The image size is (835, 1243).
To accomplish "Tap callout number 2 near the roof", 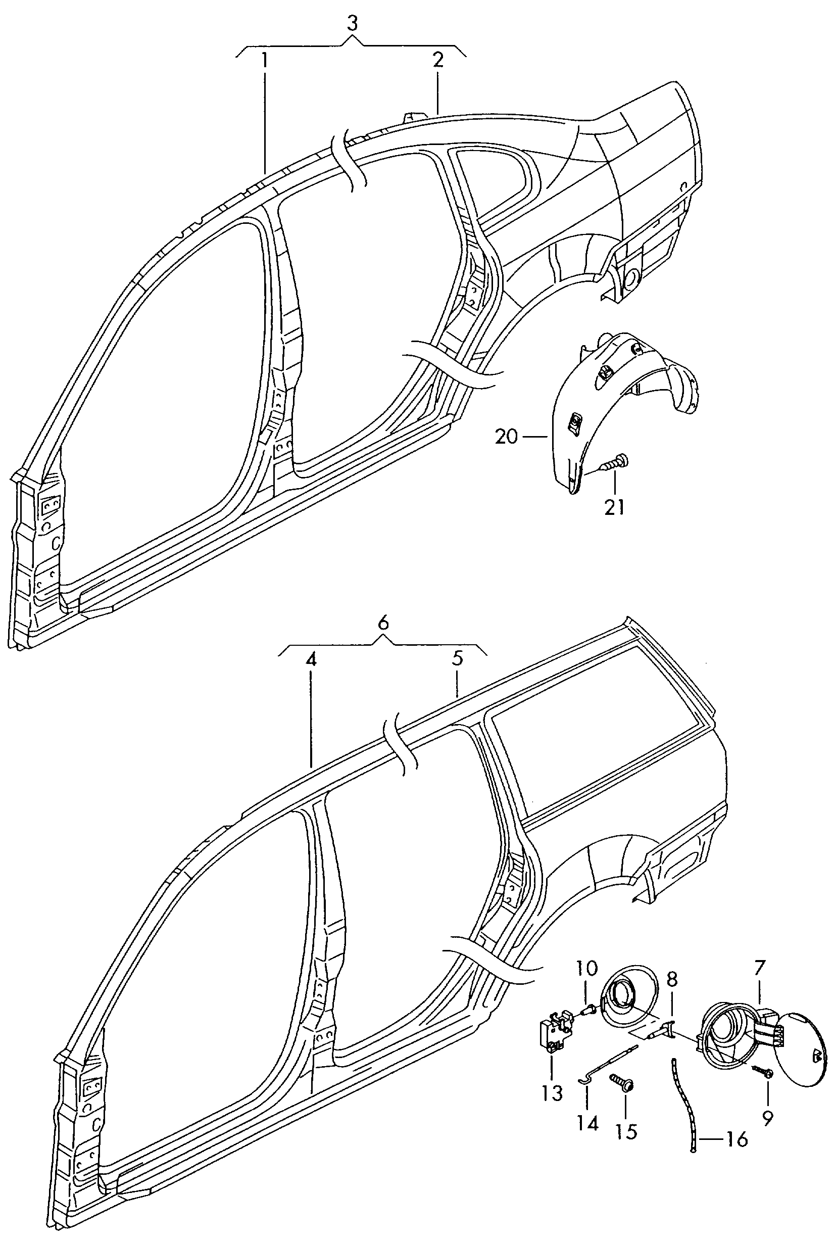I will tap(437, 60).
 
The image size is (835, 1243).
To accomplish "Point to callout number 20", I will tap(506, 437).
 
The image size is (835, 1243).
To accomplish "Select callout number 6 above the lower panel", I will tap(383, 623).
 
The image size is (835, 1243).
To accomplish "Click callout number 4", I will tap(311, 659).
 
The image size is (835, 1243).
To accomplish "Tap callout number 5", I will tap(458, 659).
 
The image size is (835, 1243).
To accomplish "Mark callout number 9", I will tap(767, 1117).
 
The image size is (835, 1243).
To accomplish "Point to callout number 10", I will tap(586, 967).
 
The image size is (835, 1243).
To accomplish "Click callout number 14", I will tap(587, 1124).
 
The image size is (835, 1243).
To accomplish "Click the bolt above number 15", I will tap(621, 1081).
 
